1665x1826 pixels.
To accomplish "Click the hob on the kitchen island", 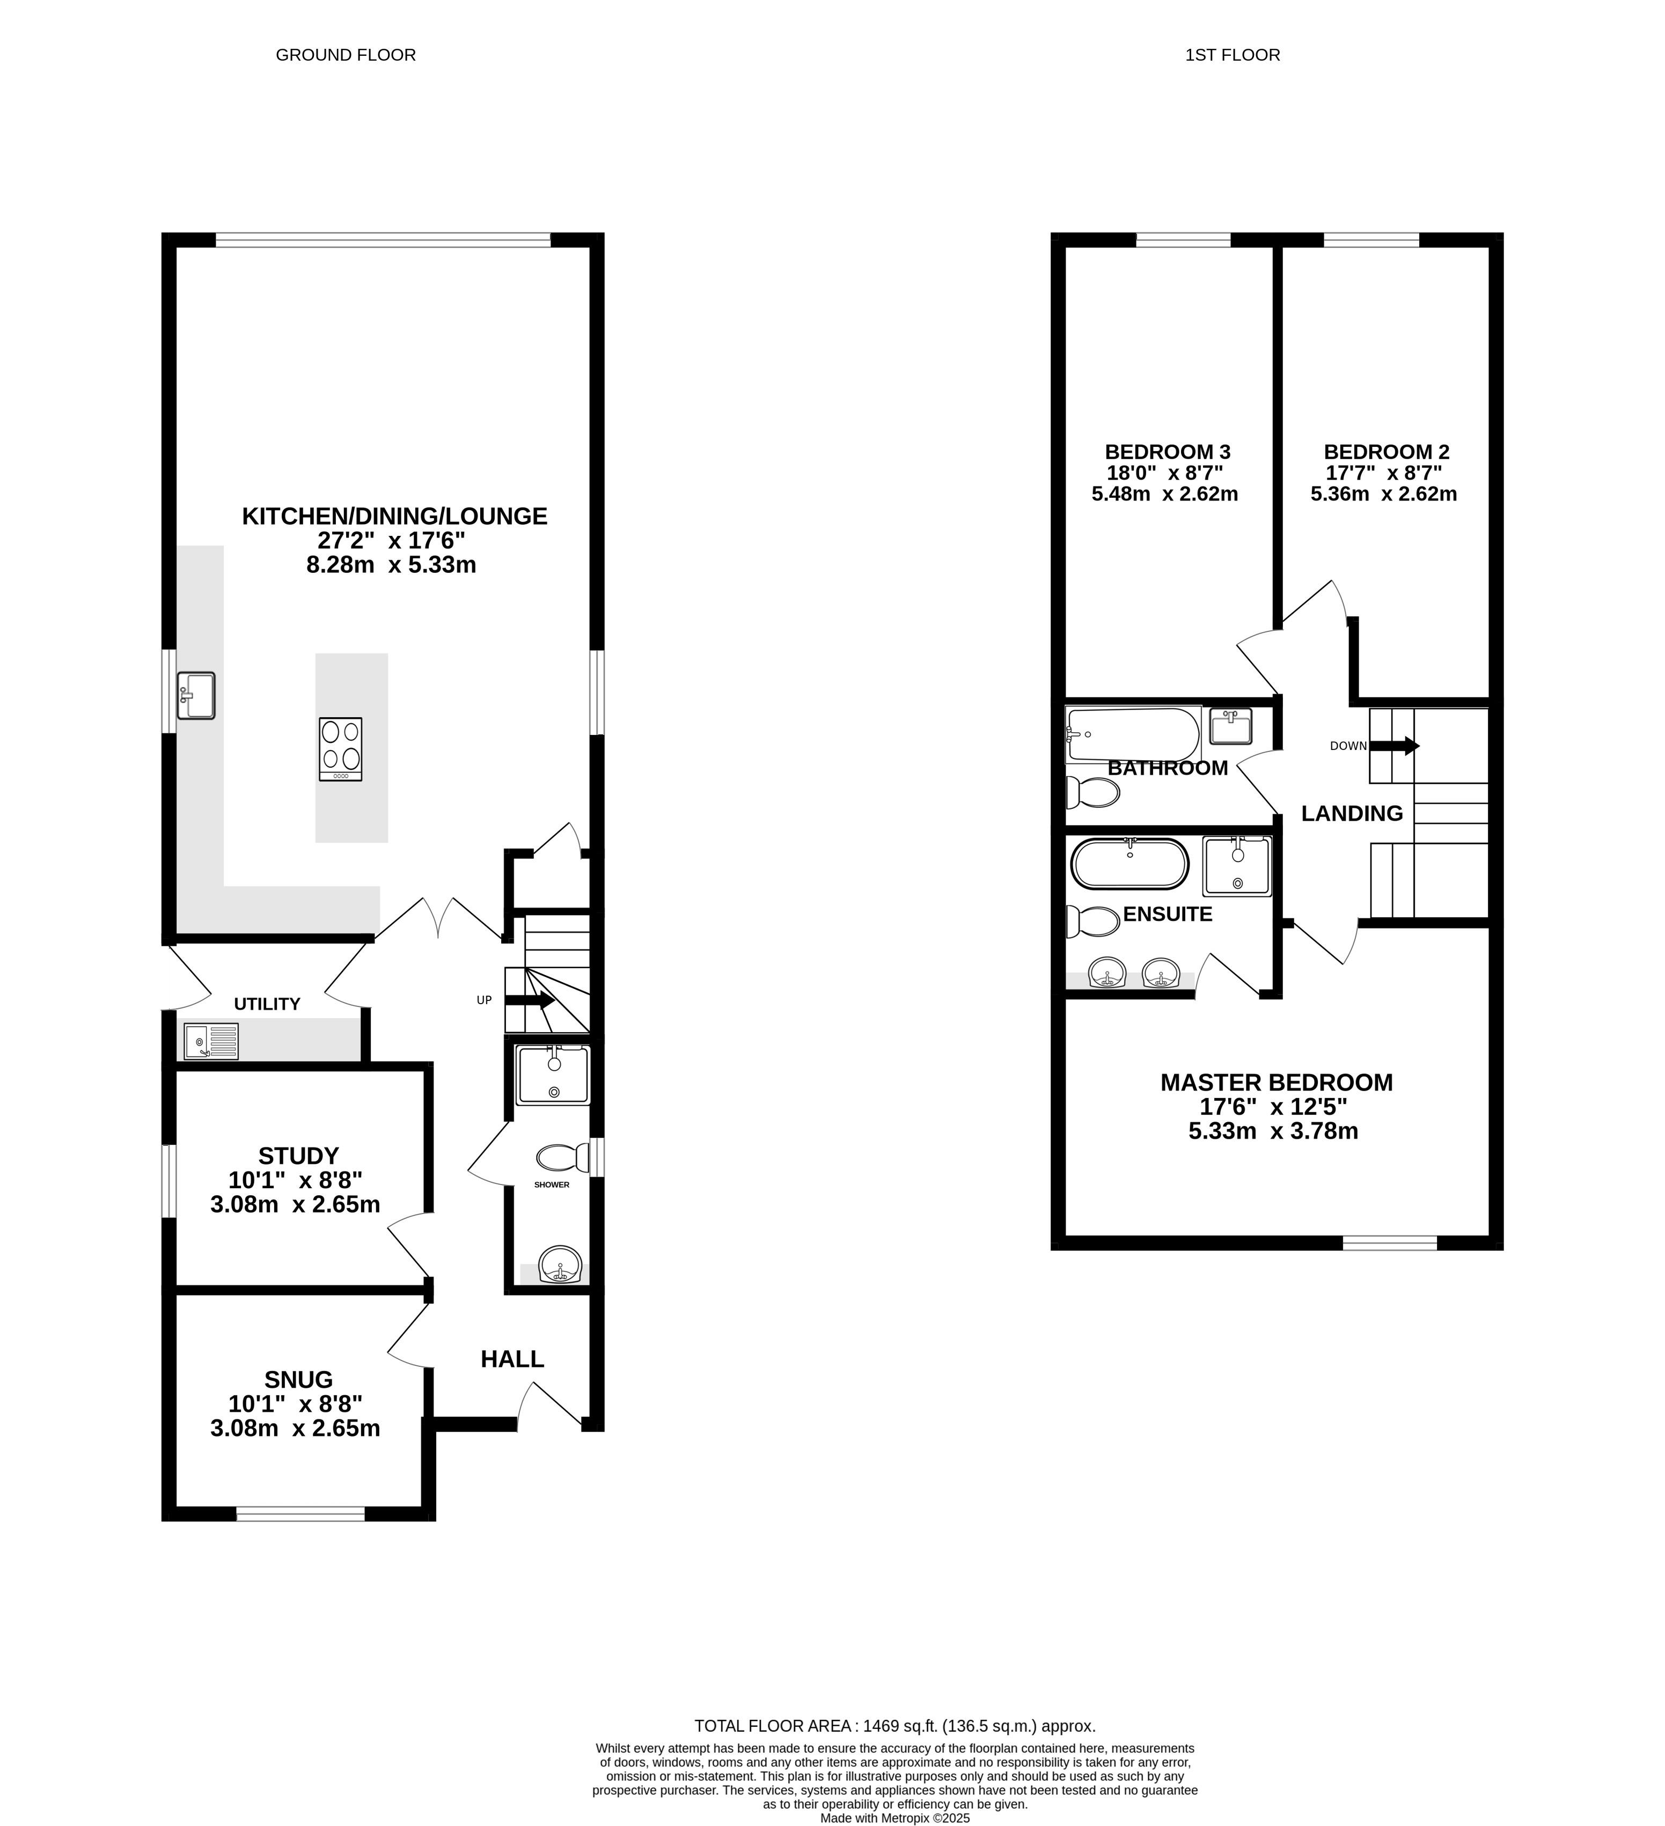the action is pos(341,749).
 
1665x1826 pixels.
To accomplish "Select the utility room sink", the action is pos(211,1041).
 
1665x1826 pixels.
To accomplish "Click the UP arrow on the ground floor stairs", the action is pos(529,1000).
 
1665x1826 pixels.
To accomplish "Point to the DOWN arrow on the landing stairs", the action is pos(1393,746).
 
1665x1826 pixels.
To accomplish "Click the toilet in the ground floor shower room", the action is pos(562,1158).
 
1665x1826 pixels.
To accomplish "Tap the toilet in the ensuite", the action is pos(1092,922).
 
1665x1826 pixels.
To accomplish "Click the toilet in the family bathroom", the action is pos(1092,792).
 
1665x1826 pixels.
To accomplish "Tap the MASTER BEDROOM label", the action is pos(1277,1083).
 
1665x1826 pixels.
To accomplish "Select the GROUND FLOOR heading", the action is pos(346,55).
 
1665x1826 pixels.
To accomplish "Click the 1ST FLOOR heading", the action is pos(1233,55).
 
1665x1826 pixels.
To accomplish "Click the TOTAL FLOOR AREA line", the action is pos(895,1726).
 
